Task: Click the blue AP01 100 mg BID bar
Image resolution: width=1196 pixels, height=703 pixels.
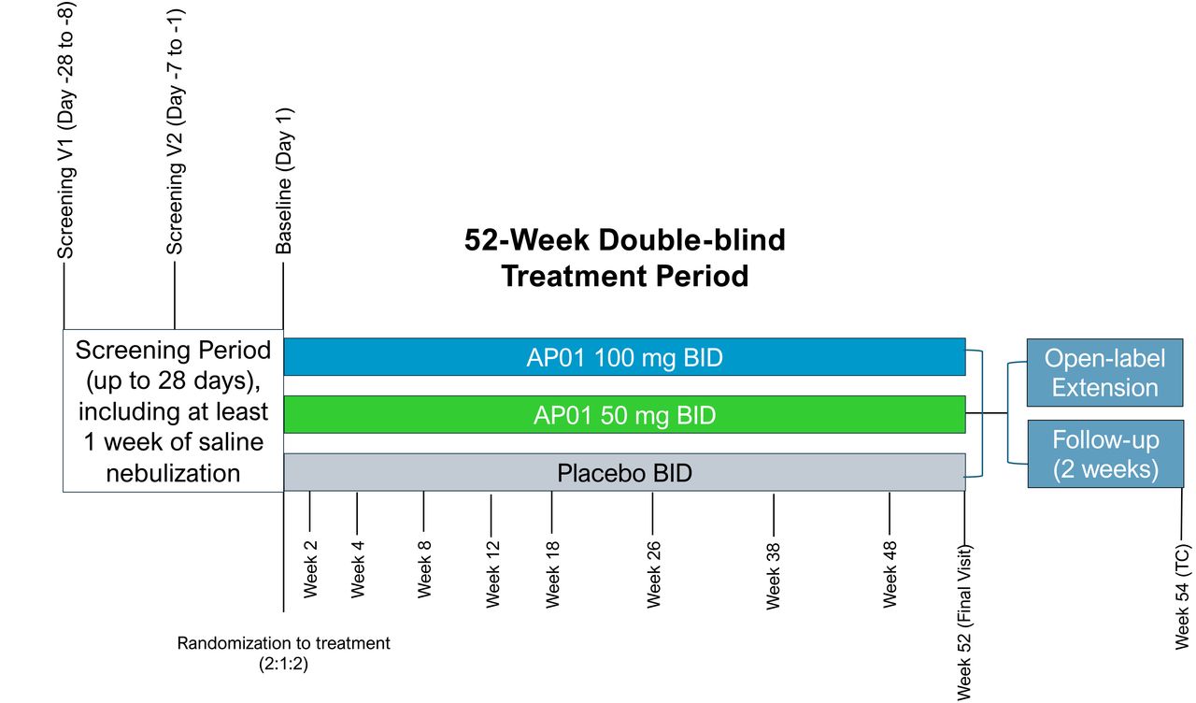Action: [624, 357]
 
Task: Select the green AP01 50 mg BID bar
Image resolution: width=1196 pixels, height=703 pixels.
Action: [624, 414]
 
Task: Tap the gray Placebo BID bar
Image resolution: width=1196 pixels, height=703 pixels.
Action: [624, 472]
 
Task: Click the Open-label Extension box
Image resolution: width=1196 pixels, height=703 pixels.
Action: [1104, 372]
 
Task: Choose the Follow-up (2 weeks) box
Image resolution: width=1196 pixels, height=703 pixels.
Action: [1105, 453]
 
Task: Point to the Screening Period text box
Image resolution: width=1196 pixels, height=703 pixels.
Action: [173, 410]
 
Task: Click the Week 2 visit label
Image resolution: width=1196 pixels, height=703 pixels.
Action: [310, 569]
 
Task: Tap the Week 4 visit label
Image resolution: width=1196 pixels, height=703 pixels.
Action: [357, 569]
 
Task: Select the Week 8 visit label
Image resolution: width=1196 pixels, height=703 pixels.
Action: [424, 569]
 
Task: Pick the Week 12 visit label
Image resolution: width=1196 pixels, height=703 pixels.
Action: [492, 574]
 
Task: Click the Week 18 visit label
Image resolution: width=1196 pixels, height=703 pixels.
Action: [552, 574]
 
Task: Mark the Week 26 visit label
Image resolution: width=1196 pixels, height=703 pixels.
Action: [653, 574]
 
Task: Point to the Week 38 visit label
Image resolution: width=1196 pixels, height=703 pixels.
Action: [773, 575]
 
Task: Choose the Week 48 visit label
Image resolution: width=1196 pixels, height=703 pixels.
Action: [890, 574]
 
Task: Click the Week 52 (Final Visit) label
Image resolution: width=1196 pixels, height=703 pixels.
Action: [964, 623]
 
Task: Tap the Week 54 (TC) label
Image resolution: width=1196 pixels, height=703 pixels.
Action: [1183, 596]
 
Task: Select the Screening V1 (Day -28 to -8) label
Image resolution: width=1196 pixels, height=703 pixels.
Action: [66, 131]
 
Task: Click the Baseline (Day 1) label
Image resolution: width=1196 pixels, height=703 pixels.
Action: [283, 181]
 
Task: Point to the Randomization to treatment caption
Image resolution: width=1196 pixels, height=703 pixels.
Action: [283, 653]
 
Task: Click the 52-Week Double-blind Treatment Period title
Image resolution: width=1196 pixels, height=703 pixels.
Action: [625, 257]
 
